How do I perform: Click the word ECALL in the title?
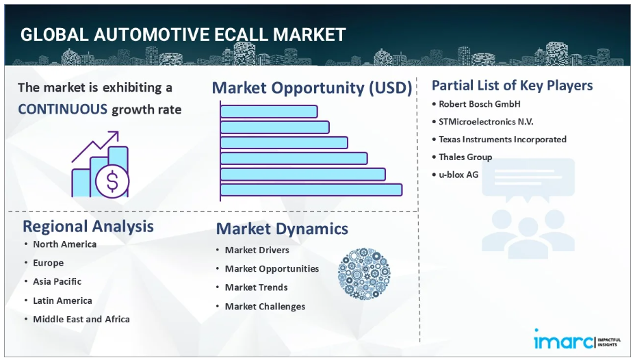(241, 35)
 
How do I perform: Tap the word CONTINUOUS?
(63, 110)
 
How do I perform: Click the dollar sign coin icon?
(112, 181)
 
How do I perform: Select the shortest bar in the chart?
(269, 112)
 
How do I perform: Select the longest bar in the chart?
(311, 190)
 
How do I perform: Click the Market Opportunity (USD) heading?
(312, 88)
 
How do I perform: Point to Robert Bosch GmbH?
(480, 104)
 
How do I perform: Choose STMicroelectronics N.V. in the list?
(486, 122)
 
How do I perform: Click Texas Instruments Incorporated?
(502, 140)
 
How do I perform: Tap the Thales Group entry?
(465, 157)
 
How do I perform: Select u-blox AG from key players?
(458, 175)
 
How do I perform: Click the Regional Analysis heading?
(88, 227)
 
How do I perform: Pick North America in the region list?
(65, 244)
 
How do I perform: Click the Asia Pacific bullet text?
(57, 281)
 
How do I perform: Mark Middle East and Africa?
(81, 319)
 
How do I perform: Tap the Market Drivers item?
(257, 250)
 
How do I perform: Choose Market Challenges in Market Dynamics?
(265, 307)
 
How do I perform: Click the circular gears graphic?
(364, 274)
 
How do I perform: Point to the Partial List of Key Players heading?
(513, 86)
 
